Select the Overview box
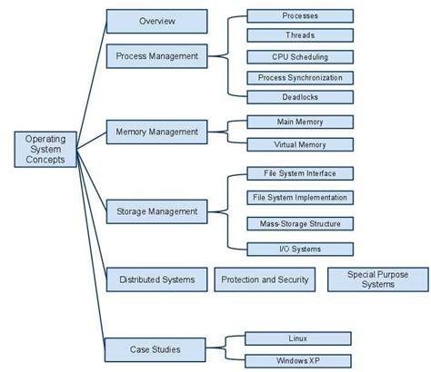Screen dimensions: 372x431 coord(157,20)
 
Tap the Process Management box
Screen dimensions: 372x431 coord(157,55)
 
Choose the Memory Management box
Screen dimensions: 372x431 coord(157,132)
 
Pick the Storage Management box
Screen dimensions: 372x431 coord(157,211)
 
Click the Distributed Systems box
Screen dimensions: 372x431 coord(157,279)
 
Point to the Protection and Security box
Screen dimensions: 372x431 coord(265,279)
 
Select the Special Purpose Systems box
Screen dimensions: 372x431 coord(377,279)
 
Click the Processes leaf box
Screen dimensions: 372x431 coord(299,16)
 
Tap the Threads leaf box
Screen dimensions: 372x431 coord(299,36)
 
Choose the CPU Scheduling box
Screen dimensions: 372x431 coord(299,56)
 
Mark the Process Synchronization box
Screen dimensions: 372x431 coord(299,77)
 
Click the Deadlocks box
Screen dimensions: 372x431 coord(299,97)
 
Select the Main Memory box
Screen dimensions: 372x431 coord(299,122)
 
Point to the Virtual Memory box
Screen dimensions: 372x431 coord(299,143)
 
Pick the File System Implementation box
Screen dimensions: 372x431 coord(299,197)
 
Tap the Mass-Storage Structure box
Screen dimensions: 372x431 coord(299,222)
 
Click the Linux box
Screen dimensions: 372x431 coord(297,338)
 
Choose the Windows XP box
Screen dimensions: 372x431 coord(297,360)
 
